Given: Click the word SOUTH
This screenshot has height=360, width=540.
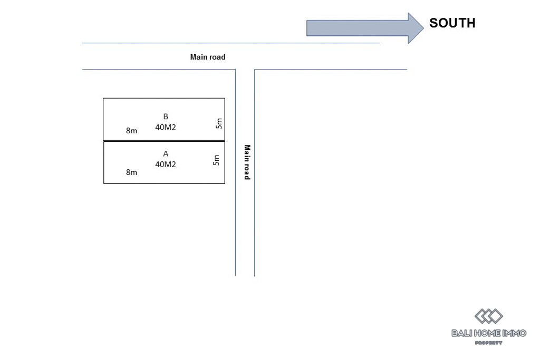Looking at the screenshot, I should pos(452,23).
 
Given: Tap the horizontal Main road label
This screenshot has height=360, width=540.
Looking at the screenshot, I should pos(208,57).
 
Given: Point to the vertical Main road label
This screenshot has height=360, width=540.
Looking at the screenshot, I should pos(246,162).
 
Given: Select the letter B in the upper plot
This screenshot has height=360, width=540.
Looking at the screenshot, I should pos(166,116).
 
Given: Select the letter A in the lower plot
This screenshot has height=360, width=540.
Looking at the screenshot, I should pos(166,154).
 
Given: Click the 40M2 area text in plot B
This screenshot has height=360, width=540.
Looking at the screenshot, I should pos(166,127).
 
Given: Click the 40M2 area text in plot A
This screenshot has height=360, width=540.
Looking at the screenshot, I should pos(166,164).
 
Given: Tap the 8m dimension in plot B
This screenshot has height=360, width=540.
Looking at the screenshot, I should pos(131,131).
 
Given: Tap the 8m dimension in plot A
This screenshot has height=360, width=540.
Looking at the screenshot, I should pos(131,172).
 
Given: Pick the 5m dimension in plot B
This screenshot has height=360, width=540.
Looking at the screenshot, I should pos(219,123).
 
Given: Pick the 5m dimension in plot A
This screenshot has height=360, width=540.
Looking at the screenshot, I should pos(216,160).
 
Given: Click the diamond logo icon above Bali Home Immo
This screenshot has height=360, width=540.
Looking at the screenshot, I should pos(488,316).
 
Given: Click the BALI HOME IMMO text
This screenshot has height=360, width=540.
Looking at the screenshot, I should pos(488,333).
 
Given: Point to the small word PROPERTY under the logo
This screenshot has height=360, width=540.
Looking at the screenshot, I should pos(488,343).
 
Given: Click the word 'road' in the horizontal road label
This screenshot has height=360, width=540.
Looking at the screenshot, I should pos(217,57).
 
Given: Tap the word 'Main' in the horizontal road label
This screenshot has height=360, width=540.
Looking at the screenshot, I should pos(199,57).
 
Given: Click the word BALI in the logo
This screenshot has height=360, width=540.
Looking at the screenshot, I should pos(461,333).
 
